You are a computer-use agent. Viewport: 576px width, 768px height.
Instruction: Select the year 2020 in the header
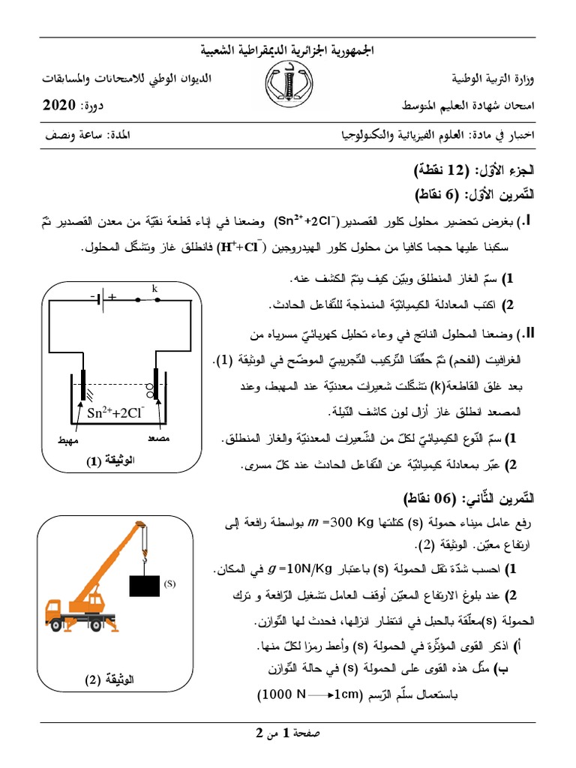click(x=59, y=104)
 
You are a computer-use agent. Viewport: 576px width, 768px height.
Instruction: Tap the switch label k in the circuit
click(x=155, y=288)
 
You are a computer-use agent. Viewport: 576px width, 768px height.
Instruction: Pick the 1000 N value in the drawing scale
click(x=283, y=695)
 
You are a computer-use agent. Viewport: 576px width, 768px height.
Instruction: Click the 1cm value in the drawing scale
click(x=341, y=695)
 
